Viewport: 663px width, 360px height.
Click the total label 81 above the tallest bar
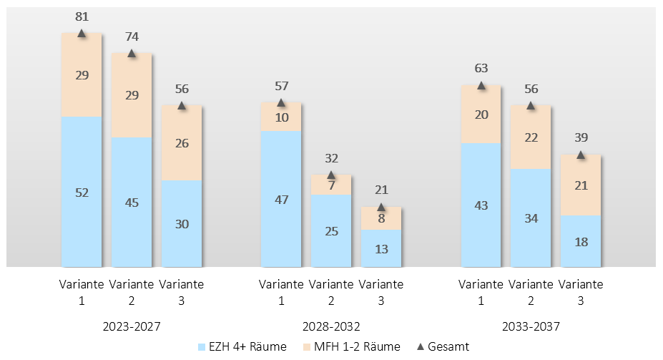pyautogui.click(x=82, y=16)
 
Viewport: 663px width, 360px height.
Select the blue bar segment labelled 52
pyautogui.click(x=82, y=192)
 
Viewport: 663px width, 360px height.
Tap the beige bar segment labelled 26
pyautogui.click(x=182, y=143)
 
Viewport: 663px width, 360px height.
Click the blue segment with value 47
pyautogui.click(x=281, y=199)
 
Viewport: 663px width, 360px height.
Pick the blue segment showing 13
pyautogui.click(x=381, y=248)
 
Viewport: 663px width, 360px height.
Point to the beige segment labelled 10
pyautogui.click(x=281, y=117)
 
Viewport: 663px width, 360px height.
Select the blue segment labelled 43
pyautogui.click(x=481, y=205)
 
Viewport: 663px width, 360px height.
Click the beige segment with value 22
pyautogui.click(x=531, y=137)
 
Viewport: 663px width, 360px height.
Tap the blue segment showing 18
pyautogui.click(x=581, y=241)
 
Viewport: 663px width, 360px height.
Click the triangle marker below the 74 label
pyautogui.click(x=132, y=53)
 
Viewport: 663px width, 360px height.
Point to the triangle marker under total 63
pyautogui.click(x=481, y=85)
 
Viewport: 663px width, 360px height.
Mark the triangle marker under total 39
pyautogui.click(x=581, y=155)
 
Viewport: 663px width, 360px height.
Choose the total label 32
pyautogui.click(x=332, y=158)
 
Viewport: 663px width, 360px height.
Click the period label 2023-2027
pyautogui.click(x=132, y=326)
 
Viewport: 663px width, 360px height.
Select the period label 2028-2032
pyautogui.click(x=331, y=326)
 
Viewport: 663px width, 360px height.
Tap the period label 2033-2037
pyautogui.click(x=531, y=326)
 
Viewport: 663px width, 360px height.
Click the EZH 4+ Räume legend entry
pyautogui.click(x=242, y=347)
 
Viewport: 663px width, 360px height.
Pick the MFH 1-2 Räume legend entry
pyautogui.click(x=351, y=347)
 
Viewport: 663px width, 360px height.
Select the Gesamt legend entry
pyautogui.click(x=443, y=347)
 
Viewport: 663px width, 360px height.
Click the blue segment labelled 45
pyautogui.click(x=132, y=203)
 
